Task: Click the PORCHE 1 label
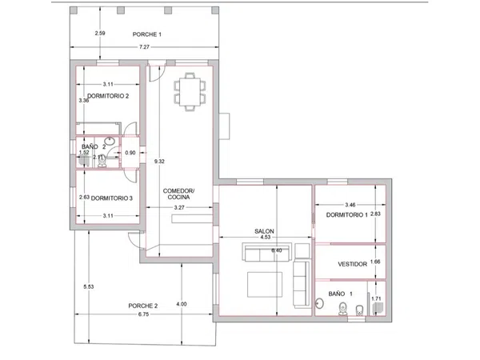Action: click(147, 34)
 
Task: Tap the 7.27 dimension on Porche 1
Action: click(144, 47)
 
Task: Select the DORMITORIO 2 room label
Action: click(108, 96)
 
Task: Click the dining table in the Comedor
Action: click(190, 91)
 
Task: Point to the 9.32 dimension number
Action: click(159, 162)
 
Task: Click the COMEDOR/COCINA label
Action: click(178, 194)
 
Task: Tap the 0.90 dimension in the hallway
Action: click(130, 153)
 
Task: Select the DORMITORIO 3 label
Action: click(112, 198)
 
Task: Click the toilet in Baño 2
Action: click(102, 161)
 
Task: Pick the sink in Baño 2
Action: click(110, 141)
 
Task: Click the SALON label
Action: click(264, 231)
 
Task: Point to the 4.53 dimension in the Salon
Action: click(265, 237)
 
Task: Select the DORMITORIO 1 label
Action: click(347, 215)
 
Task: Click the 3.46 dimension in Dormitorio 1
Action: click(350, 205)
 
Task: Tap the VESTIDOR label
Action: click(352, 264)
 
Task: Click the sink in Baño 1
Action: click(319, 302)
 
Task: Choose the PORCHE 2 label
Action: click(143, 306)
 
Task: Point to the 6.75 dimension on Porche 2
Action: click(143, 314)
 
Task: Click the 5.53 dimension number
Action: click(89, 287)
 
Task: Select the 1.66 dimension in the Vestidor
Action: click(375, 262)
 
